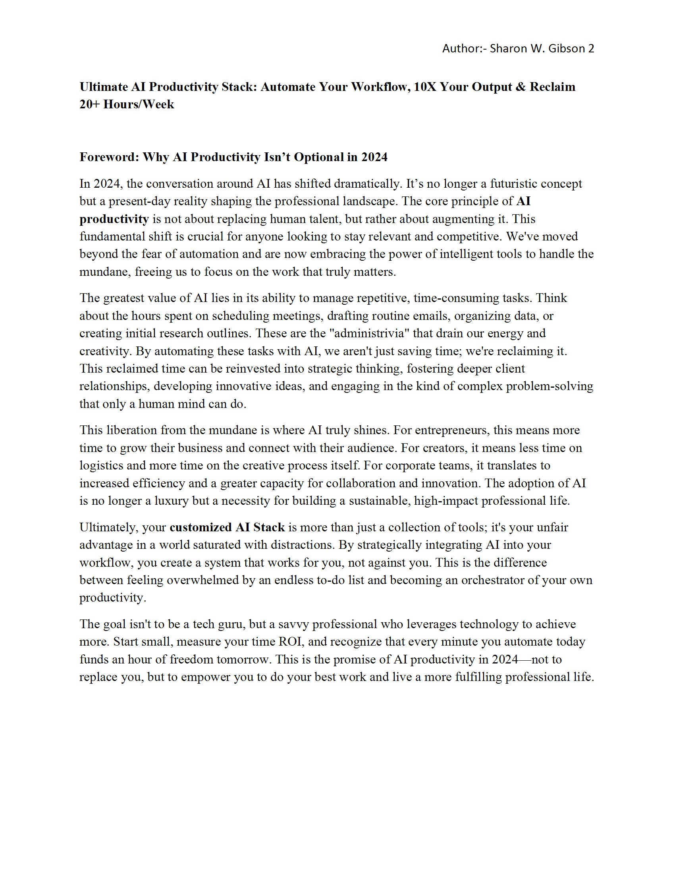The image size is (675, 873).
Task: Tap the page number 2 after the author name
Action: click(x=591, y=49)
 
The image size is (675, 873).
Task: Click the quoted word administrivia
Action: click(x=368, y=333)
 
